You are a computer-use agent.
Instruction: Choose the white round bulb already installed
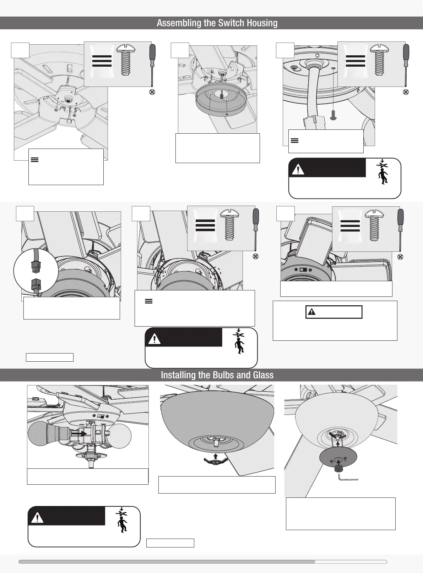click(120, 434)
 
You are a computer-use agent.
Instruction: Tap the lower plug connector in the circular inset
click(36, 284)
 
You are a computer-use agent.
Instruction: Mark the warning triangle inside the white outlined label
click(311, 312)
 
